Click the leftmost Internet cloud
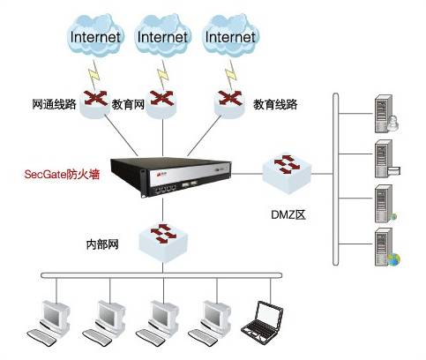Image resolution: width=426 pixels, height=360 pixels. click(x=96, y=35)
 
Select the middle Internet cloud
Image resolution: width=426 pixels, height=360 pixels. click(x=163, y=35)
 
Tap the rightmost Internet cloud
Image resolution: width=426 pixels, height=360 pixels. click(x=230, y=35)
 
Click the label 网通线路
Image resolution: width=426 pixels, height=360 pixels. click(x=54, y=104)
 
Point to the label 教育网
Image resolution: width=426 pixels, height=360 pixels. click(x=128, y=104)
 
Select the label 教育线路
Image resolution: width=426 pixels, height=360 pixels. click(x=275, y=104)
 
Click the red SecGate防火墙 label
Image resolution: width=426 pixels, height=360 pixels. click(x=62, y=174)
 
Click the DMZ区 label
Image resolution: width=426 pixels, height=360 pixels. click(x=288, y=214)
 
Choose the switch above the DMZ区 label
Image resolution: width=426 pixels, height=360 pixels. click(x=287, y=174)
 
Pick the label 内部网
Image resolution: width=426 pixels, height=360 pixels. click(x=102, y=244)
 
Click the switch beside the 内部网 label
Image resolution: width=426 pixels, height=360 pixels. click(x=163, y=242)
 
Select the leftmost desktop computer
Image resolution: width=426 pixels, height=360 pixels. click(x=49, y=322)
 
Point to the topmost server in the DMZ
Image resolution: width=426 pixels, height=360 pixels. click(x=386, y=114)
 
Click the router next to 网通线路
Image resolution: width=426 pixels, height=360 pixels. click(x=95, y=103)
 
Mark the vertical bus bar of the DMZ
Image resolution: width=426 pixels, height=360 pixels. click(x=335, y=179)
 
